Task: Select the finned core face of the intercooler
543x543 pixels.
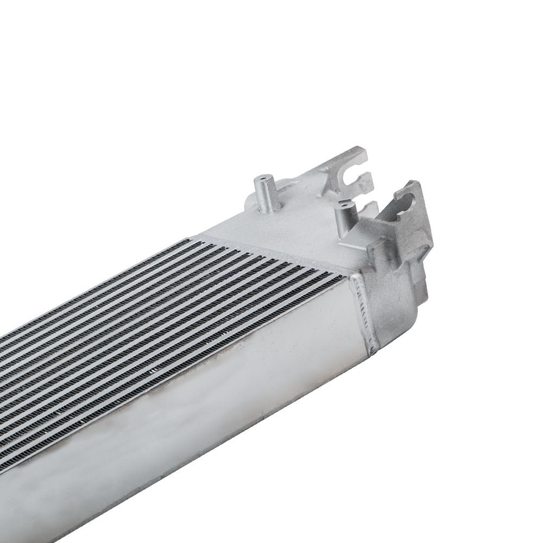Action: pos(163,304)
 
